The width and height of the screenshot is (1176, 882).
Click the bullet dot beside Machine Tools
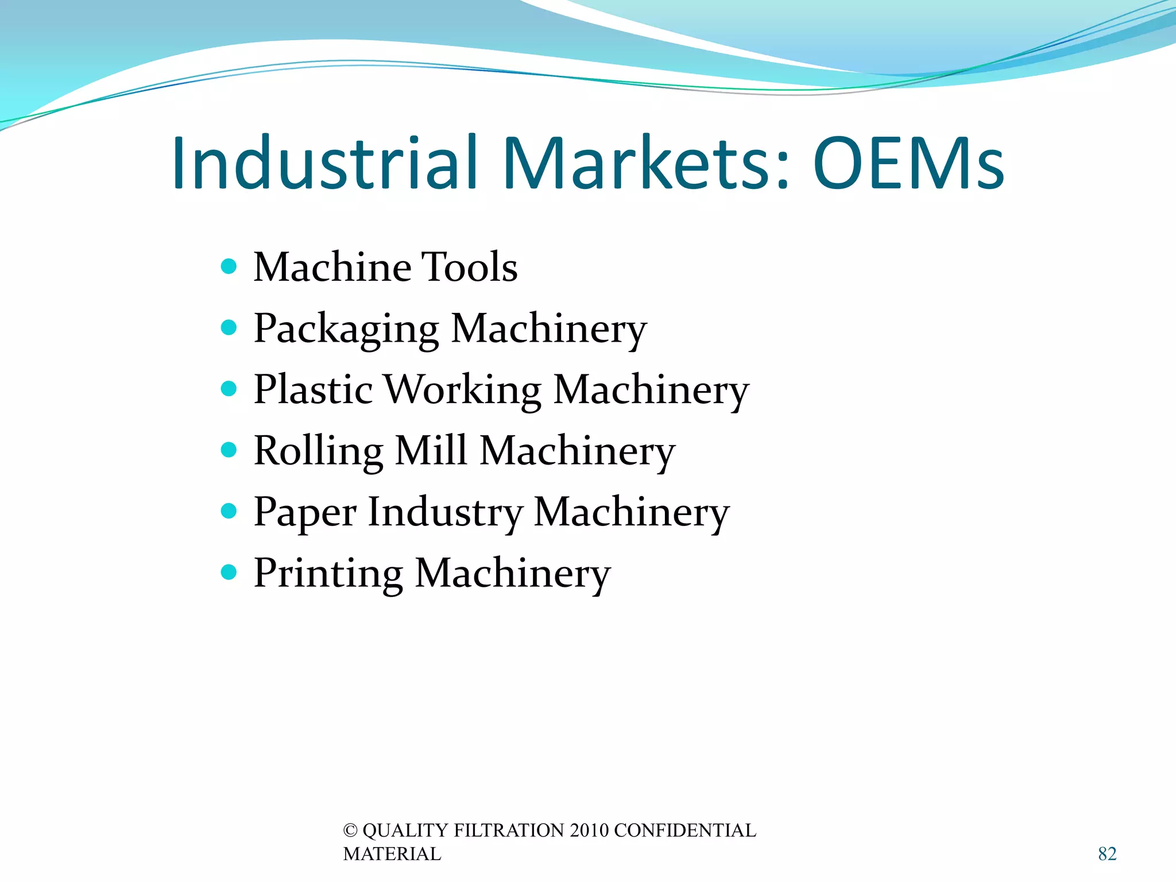229,266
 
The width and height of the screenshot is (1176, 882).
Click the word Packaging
346,330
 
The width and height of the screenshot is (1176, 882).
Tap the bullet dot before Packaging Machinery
229,327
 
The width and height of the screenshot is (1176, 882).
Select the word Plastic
314,389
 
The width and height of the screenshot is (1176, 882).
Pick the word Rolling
319,452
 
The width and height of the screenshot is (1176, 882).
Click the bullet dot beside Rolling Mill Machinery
229,450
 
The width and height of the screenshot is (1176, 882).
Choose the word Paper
305,513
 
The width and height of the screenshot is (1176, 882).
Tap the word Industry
445,513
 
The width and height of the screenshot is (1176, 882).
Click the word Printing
328,574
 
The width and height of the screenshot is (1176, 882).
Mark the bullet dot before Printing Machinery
229,572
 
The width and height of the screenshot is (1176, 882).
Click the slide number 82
1107,854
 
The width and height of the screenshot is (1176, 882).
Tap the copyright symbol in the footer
350,831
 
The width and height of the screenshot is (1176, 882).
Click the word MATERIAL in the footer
392,854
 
